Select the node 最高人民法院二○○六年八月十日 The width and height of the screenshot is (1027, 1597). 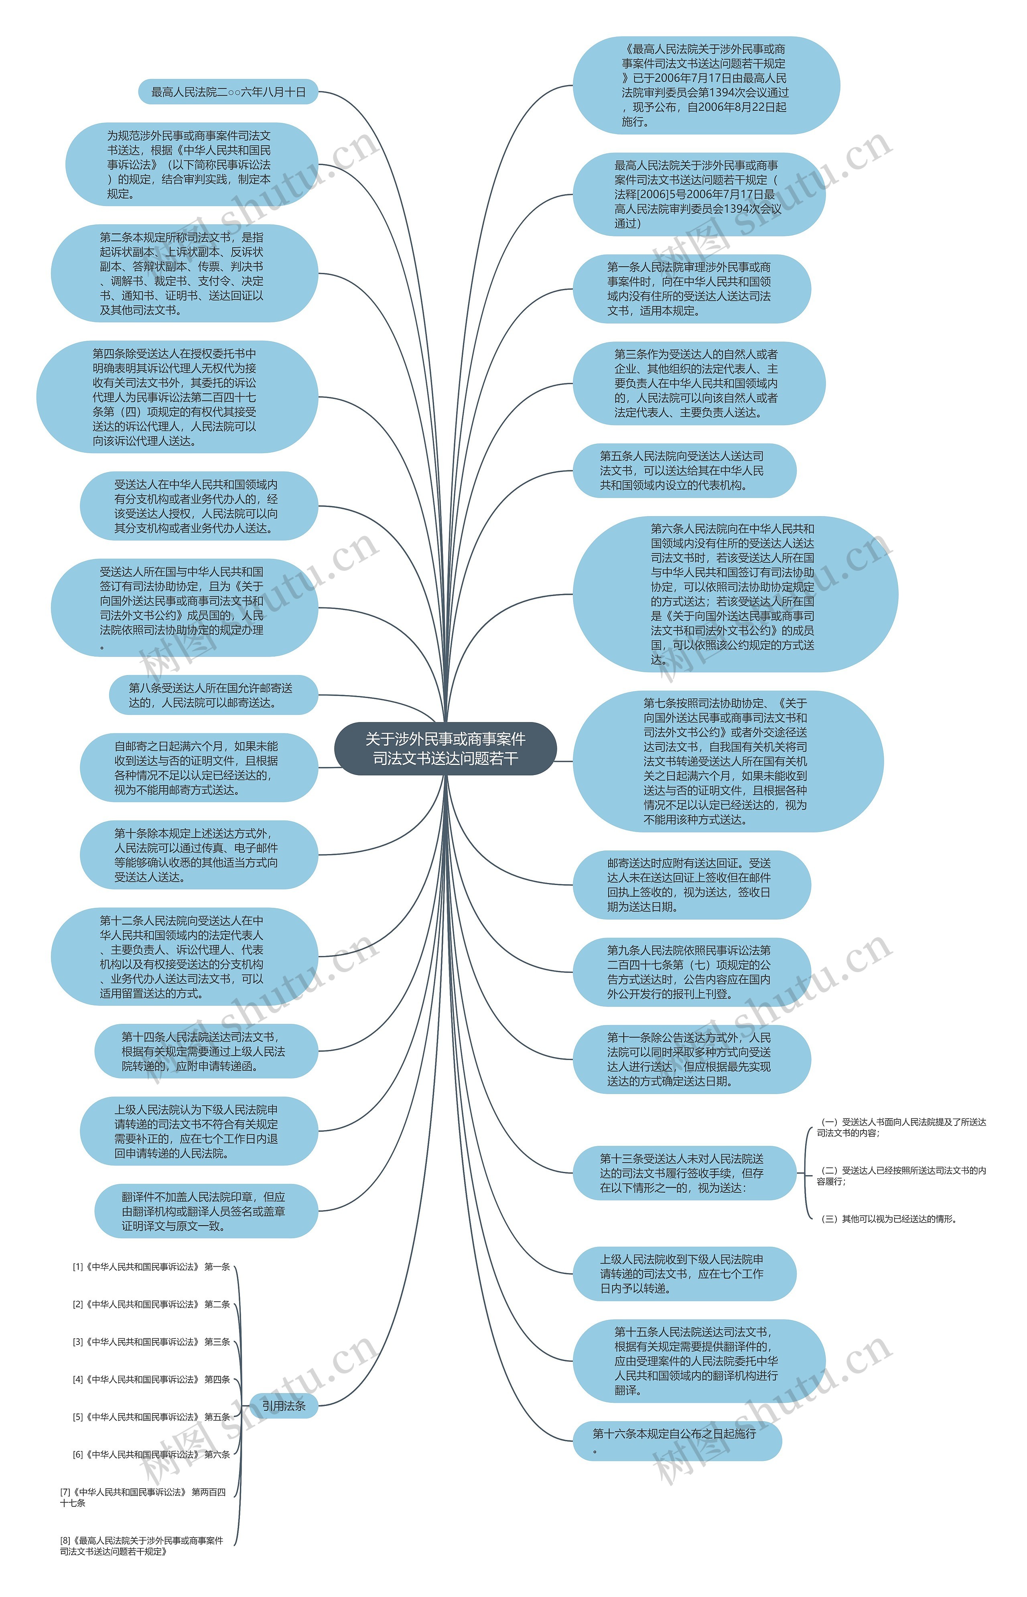pos(228,92)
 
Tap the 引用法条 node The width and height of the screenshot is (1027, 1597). pos(283,1406)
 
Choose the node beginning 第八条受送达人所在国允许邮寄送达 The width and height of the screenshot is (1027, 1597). pos(213,695)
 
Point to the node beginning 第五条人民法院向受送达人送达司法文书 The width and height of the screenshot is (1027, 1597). pos(684,470)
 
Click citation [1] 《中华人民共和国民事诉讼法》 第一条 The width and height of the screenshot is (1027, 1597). pos(151,1267)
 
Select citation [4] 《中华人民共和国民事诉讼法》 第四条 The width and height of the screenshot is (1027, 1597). pos(151,1379)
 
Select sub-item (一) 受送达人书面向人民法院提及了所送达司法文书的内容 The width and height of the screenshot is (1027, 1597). pos(901,1127)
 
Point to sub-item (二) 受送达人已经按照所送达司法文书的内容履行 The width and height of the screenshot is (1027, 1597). pos(901,1176)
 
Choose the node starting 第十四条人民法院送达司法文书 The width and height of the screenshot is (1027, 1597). pos(206,1051)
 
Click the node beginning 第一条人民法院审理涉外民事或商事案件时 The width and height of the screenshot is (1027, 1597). pos(692,289)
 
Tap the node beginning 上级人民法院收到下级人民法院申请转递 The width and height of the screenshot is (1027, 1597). pos(684,1274)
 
